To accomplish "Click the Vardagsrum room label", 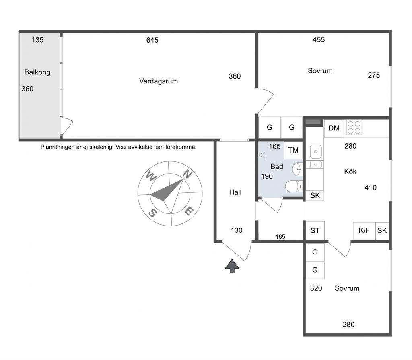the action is point(159,81).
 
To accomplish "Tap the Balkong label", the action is point(37,72).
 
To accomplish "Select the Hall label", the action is point(235,192).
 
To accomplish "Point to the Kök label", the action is point(350,172).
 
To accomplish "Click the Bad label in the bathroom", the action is point(277,166).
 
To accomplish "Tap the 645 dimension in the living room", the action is point(152,40).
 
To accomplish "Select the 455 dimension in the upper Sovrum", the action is point(319,40).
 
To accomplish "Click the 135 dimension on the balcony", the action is point(37,40).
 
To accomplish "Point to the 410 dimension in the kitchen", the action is point(371,188).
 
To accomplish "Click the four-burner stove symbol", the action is point(354,128).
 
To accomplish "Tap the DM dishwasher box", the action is point(334,128).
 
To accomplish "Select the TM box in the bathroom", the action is point(293,150).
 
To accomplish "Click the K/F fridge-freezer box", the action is point(364,231).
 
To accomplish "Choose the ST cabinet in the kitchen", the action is point(315,231).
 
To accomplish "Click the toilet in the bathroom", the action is point(294,186).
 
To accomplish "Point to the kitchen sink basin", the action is point(316,152).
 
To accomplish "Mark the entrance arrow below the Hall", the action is point(232,266).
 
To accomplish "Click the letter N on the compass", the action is point(187,174).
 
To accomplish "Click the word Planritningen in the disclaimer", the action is point(58,147).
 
